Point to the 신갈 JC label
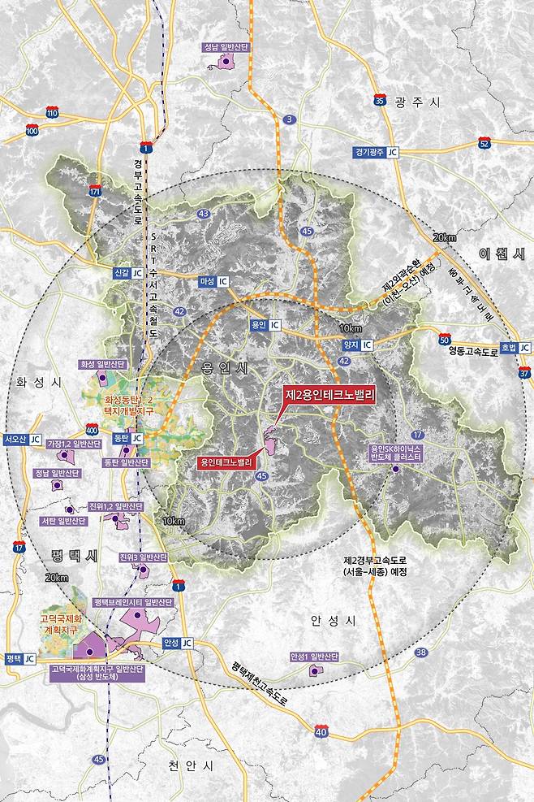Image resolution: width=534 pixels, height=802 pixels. [134, 273]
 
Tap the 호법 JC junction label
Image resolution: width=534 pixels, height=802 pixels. [513, 347]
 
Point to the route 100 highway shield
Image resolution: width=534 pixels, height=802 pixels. [32, 130]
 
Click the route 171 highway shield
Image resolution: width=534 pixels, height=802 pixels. [95, 192]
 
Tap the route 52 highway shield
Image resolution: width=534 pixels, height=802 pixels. [484, 144]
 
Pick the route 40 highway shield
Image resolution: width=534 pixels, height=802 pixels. [321, 732]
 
